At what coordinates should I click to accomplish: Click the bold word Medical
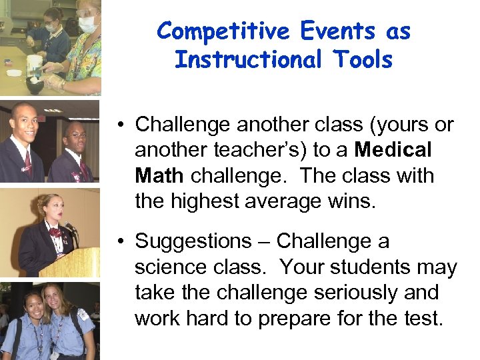(394, 150)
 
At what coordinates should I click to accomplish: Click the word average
(293, 201)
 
